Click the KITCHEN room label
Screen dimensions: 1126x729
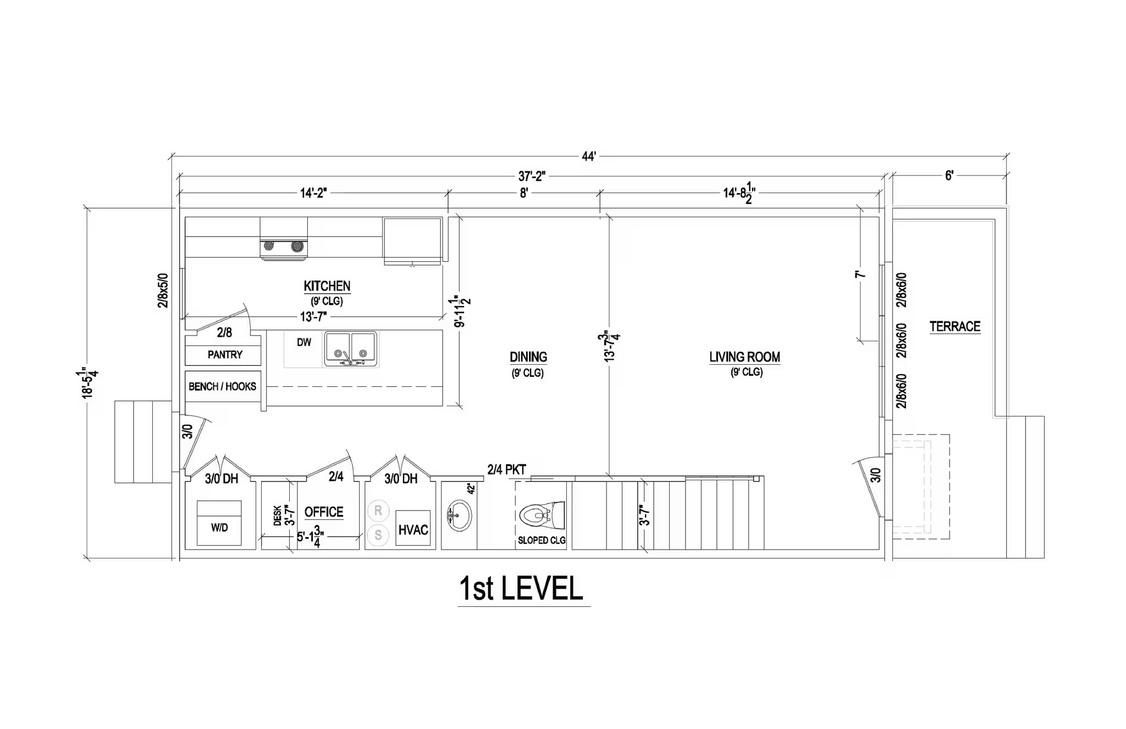coord(327,286)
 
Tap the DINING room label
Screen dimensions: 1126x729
coord(528,357)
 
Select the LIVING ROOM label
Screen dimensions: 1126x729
coord(744,357)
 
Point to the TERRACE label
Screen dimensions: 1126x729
coord(955,326)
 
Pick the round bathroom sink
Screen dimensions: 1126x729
coord(459,516)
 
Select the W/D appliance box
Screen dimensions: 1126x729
coord(219,523)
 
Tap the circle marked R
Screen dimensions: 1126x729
coord(378,511)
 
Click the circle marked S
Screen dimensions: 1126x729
coord(378,534)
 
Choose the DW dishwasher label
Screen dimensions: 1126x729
coord(304,342)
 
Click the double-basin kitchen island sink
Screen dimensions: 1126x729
coord(350,349)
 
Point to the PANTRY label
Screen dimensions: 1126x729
coord(225,355)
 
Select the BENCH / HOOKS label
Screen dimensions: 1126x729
coord(222,387)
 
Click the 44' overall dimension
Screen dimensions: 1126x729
coord(589,157)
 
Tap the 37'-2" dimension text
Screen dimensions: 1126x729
coord(531,176)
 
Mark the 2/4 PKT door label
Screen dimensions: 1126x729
coord(506,470)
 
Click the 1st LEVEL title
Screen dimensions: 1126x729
coord(521,588)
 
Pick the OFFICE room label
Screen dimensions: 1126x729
coord(324,512)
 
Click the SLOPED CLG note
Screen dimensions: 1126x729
coord(542,540)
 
